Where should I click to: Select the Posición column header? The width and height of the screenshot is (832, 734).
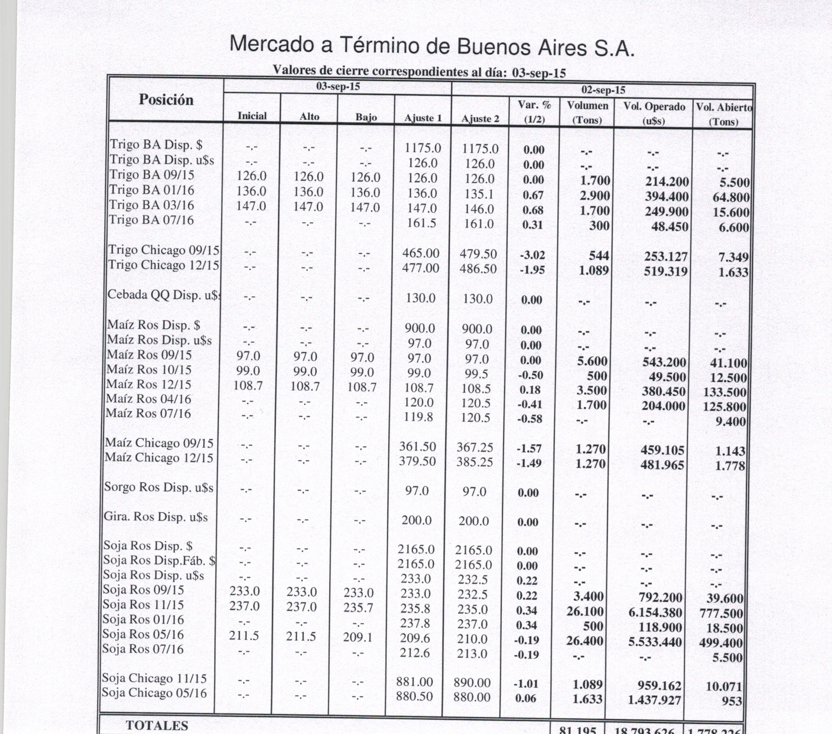click(166, 100)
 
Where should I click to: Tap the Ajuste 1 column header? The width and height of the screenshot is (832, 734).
click(423, 119)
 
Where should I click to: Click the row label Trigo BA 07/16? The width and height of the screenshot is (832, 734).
click(152, 220)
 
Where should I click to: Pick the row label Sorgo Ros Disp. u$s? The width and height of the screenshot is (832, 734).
click(159, 487)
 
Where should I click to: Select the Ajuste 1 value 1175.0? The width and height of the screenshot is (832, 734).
click(423, 148)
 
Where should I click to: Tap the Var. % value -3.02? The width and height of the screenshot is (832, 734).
click(532, 256)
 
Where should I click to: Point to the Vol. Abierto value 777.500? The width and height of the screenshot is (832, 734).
click(721, 613)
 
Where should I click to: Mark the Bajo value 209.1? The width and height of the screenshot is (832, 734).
click(358, 637)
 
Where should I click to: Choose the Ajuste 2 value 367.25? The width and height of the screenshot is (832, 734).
click(475, 448)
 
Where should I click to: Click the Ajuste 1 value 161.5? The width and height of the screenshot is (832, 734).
click(422, 224)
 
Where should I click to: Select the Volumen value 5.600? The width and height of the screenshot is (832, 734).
click(592, 361)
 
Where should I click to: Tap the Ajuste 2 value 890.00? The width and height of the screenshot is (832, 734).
click(472, 683)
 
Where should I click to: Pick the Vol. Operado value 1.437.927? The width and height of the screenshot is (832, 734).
click(654, 700)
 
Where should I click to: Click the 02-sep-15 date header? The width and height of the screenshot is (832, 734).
click(603, 90)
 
